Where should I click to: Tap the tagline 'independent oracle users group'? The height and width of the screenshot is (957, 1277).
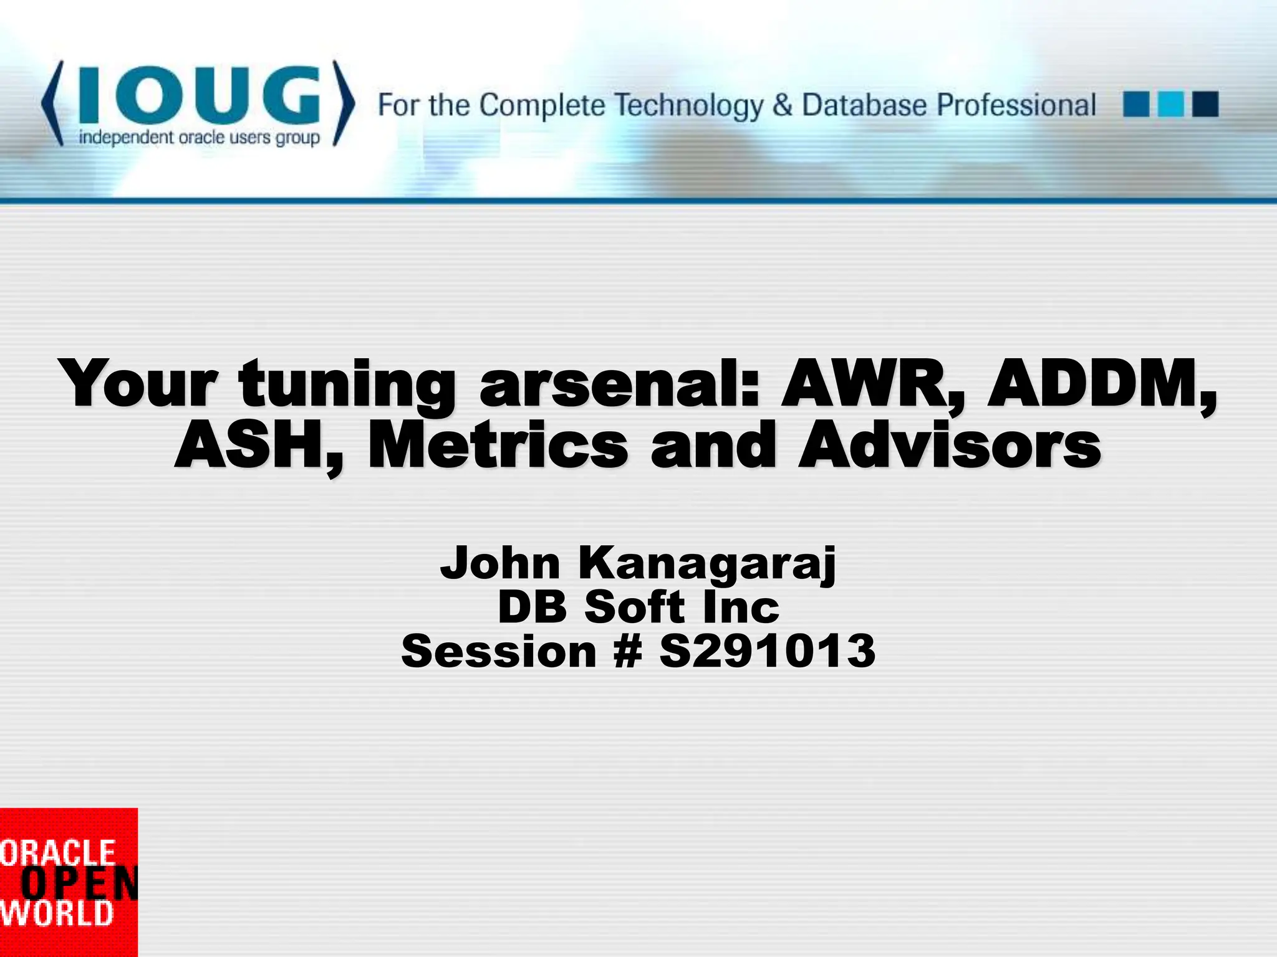pyautogui.click(x=199, y=138)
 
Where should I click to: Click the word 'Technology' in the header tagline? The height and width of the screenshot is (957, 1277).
pyautogui.click(x=690, y=105)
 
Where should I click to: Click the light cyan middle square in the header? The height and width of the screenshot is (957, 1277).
pyautogui.click(x=1170, y=104)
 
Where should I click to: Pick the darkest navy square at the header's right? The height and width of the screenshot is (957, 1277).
pyautogui.click(x=1205, y=104)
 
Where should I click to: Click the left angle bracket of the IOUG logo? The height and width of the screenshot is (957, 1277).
pyautogui.click(x=52, y=103)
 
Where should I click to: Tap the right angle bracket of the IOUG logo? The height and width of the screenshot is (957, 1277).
pyautogui.click(x=344, y=103)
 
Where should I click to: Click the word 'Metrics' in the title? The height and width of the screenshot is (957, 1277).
pyautogui.click(x=498, y=446)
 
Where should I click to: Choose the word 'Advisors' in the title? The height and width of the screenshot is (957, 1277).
pyautogui.click(x=950, y=446)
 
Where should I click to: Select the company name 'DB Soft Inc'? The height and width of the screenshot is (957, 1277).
pyautogui.click(x=638, y=607)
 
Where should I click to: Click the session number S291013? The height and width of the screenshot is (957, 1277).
pyautogui.click(x=768, y=652)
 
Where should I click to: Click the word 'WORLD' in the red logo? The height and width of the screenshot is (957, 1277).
pyautogui.click(x=57, y=914)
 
